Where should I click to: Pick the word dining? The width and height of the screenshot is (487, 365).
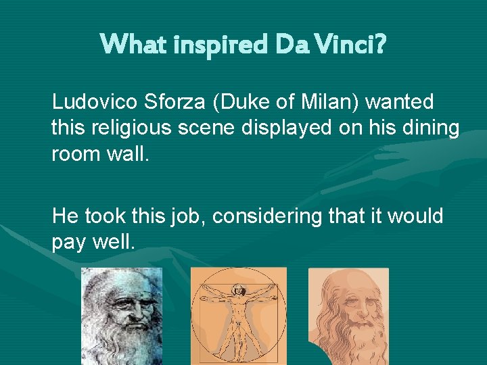[430, 127]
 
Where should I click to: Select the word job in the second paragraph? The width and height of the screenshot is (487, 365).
[185, 217]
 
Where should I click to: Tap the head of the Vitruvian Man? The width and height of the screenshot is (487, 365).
[237, 290]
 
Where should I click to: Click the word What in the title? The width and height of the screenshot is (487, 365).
[132, 44]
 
